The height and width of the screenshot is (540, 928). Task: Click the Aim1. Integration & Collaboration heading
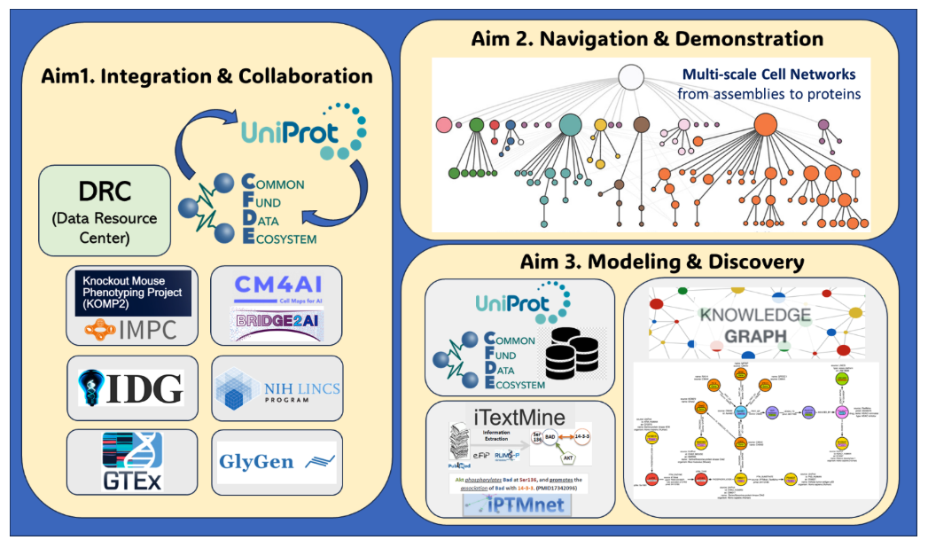(207, 76)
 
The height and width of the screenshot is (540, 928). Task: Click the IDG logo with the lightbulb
(130, 388)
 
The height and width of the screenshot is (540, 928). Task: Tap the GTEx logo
(130, 461)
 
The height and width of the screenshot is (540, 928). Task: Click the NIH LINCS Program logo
(276, 388)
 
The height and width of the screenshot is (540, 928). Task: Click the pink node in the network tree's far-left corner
(445, 126)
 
